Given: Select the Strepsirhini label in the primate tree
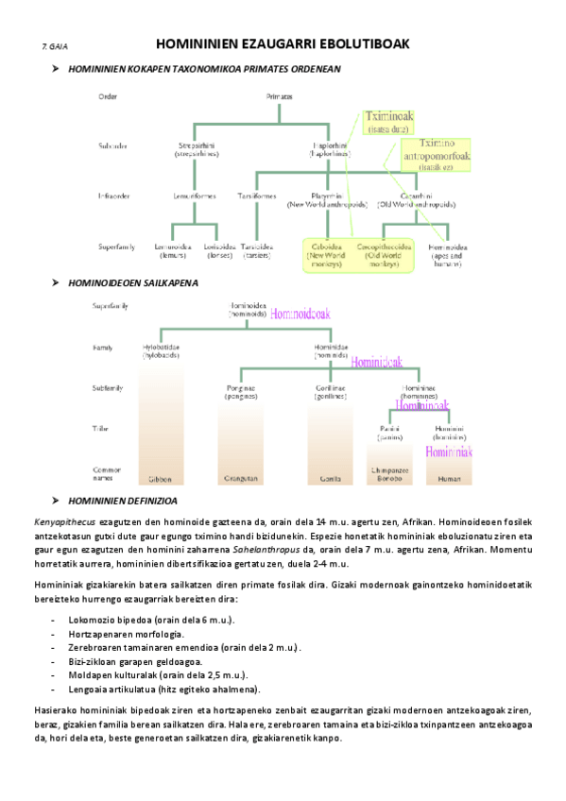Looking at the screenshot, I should [197, 148].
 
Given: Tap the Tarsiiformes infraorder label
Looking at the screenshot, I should [257, 196].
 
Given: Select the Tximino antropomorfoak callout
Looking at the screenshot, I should [442, 154].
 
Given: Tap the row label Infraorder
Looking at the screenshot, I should [115, 196].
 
